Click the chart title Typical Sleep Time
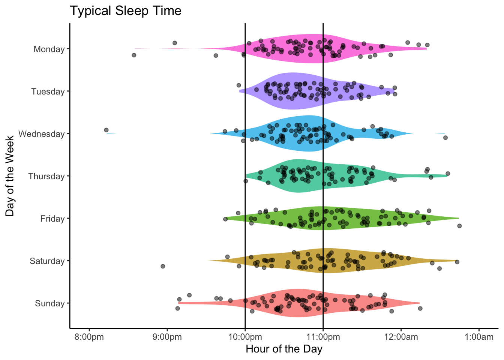(126, 11)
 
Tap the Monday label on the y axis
(49, 49)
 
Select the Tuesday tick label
(48, 91)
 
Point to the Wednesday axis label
(41, 134)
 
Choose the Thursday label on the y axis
(46, 176)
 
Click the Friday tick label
(52, 219)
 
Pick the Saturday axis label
(47, 261)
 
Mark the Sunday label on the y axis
(49, 303)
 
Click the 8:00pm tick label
(89, 337)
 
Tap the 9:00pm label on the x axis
(167, 337)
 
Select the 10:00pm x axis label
(245, 337)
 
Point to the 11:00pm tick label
(323, 337)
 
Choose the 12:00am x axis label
(401, 337)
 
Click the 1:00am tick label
(479, 337)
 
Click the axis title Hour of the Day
(284, 349)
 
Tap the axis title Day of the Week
(10, 176)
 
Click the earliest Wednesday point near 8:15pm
(106, 130)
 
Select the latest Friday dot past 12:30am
(459, 226)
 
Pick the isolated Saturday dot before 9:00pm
(163, 266)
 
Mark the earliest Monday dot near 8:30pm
(134, 55)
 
